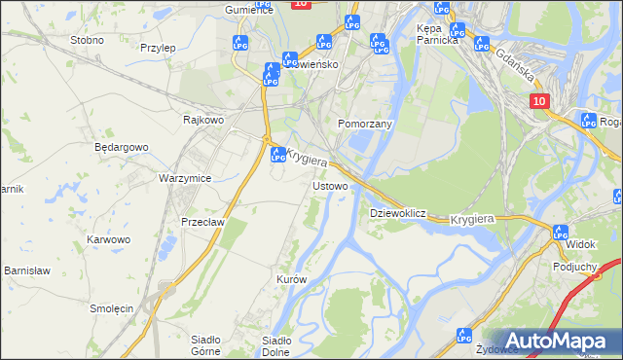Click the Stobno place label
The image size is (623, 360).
pos(88,40)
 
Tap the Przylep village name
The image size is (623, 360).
pos(157,48)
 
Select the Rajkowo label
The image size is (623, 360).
pos(203,120)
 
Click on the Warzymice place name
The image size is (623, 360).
pos(185,179)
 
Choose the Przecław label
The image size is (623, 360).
pos(202,222)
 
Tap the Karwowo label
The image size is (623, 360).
pos(108,239)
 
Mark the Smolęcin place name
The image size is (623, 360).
pos(111,308)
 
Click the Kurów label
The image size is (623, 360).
pos(292,279)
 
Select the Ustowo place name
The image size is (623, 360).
pos(329,185)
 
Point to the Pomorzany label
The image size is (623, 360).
pos(364,125)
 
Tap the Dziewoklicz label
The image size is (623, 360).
pos(398,212)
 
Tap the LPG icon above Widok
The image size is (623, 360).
pos(560,233)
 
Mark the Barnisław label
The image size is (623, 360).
pos(26,270)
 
